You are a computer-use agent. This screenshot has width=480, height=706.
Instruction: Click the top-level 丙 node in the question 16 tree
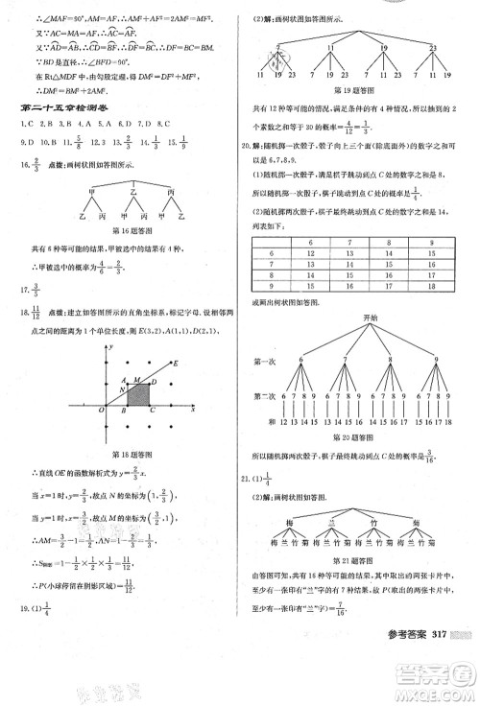(x=171, y=193)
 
